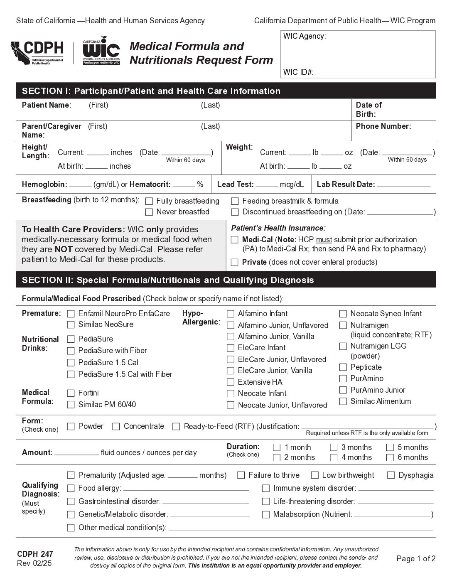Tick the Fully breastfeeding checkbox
[x=149, y=202]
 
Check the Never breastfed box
[x=149, y=212]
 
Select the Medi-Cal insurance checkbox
[x=235, y=240]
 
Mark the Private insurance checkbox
[x=235, y=262]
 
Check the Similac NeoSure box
[x=71, y=324]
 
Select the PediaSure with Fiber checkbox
[x=71, y=351]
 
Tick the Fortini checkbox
[x=71, y=393]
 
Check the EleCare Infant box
[x=231, y=348]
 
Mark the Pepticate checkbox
[x=343, y=367]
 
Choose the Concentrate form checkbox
[x=116, y=426]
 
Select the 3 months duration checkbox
[x=334, y=447]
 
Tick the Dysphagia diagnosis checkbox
[x=391, y=475]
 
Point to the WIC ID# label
[x=298, y=72]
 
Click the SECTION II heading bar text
[x=168, y=280]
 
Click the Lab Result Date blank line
[x=403, y=186]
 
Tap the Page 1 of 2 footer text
[x=416, y=559]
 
